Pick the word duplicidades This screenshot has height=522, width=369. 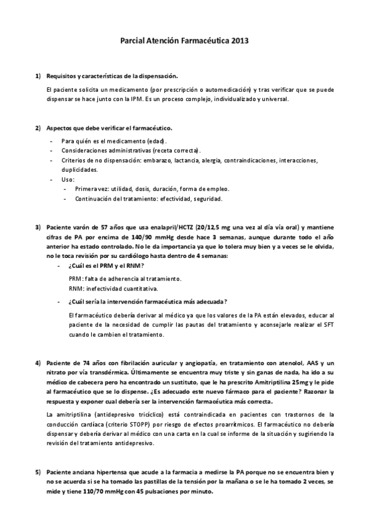(x=79, y=169)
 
